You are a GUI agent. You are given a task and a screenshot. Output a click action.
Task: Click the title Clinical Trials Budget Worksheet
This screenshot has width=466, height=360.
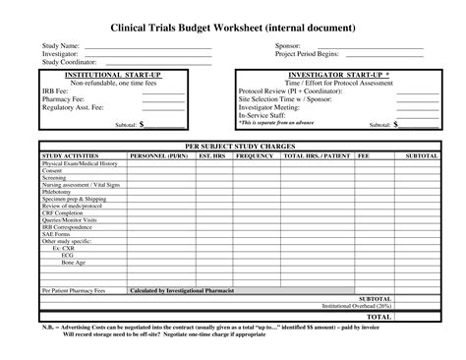(x=233, y=30)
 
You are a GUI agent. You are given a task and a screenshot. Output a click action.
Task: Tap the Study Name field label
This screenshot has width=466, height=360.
(x=60, y=46)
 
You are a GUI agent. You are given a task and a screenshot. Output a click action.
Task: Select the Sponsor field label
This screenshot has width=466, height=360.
(x=287, y=46)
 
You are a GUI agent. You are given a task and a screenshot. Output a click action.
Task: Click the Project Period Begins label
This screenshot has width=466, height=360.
(x=307, y=54)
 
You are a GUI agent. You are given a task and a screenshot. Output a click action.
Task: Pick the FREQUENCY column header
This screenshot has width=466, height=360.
(x=255, y=155)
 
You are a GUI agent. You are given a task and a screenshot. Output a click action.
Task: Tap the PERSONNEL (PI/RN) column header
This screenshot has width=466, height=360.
(x=158, y=155)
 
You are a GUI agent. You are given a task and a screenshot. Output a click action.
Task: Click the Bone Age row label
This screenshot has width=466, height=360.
(x=74, y=264)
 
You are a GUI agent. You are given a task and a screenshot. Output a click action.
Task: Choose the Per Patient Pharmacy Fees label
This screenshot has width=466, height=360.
(x=75, y=291)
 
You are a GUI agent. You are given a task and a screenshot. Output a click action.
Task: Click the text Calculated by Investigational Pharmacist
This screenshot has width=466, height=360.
(x=179, y=291)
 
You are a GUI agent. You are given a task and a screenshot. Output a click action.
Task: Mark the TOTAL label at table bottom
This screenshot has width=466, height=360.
(x=379, y=317)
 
